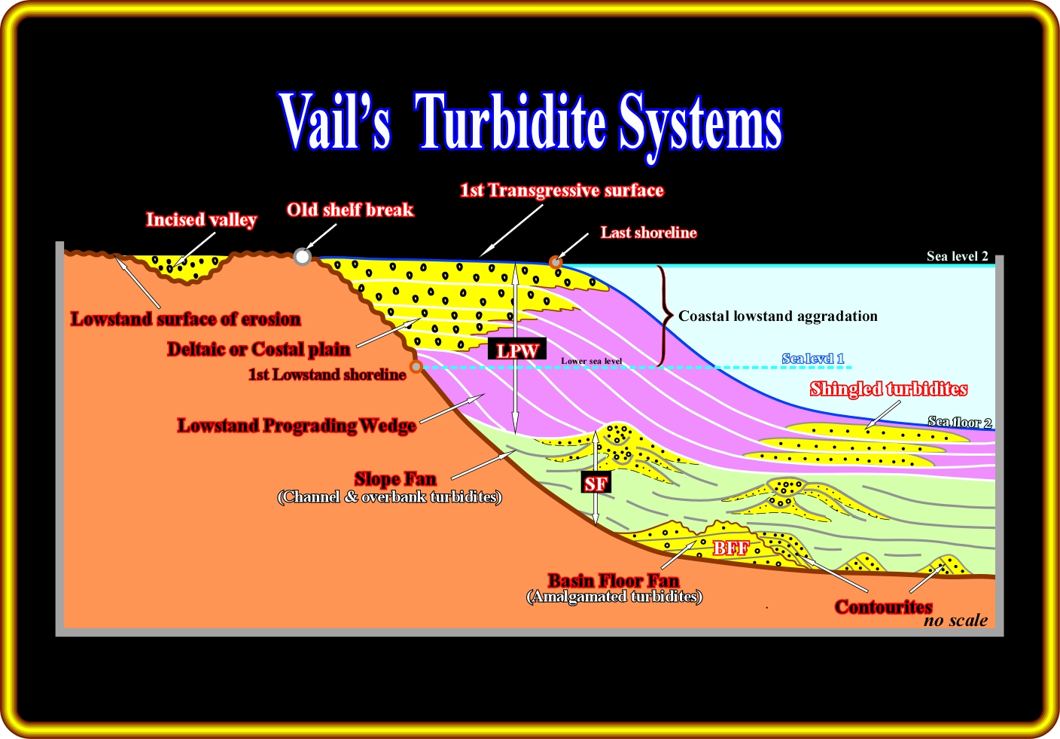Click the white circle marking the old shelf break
point(302,257)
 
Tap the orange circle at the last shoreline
point(556,262)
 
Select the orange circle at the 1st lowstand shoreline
point(416,367)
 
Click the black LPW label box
point(516,350)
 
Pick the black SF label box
point(595,484)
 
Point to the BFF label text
point(731,548)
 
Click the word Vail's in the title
point(335,123)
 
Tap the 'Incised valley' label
point(201,220)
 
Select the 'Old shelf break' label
point(350,210)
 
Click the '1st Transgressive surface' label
point(562,191)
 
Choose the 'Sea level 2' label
point(957,256)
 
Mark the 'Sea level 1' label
point(813,359)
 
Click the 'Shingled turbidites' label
point(888,389)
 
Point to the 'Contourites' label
point(883,606)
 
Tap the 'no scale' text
point(955,621)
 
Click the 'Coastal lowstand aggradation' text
point(778,316)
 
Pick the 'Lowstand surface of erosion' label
point(185,319)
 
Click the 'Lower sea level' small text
point(591,361)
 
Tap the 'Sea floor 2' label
point(959,422)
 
